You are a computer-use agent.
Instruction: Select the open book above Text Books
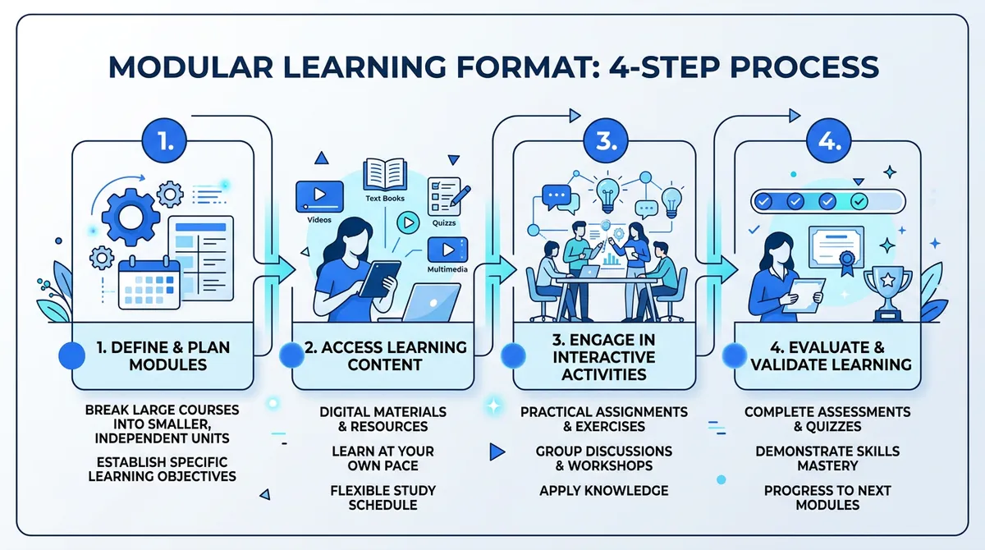tap(385, 174)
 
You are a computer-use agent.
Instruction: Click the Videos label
tap(318, 220)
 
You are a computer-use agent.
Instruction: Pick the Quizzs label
tap(443, 222)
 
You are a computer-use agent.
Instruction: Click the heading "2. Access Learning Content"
tap(385, 355)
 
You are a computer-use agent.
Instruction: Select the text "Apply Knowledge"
tap(603, 491)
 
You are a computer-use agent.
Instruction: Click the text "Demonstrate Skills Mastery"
tap(827, 459)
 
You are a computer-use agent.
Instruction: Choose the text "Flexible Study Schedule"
tap(383, 497)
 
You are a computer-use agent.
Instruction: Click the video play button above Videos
tap(318, 194)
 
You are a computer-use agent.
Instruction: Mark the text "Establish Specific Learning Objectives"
tap(161, 469)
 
